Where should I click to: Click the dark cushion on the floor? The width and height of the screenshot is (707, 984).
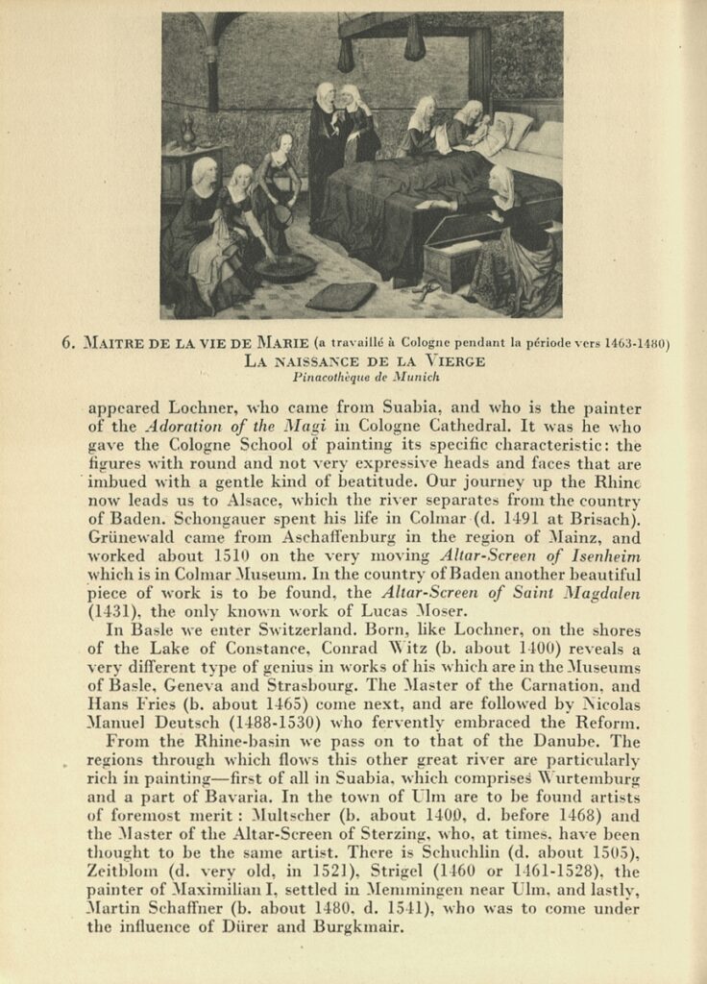click(342, 295)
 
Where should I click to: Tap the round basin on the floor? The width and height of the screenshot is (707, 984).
click(284, 266)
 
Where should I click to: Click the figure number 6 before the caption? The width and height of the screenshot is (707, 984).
click(68, 342)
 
